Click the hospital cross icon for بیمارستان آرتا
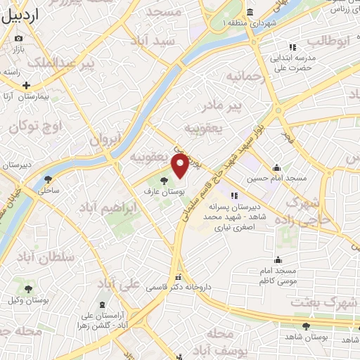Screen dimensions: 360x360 27,85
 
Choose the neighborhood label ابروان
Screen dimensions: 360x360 105,139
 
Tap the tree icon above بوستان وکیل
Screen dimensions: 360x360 29,289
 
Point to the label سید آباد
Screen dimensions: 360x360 157,42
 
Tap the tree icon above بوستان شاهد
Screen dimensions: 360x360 306,326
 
